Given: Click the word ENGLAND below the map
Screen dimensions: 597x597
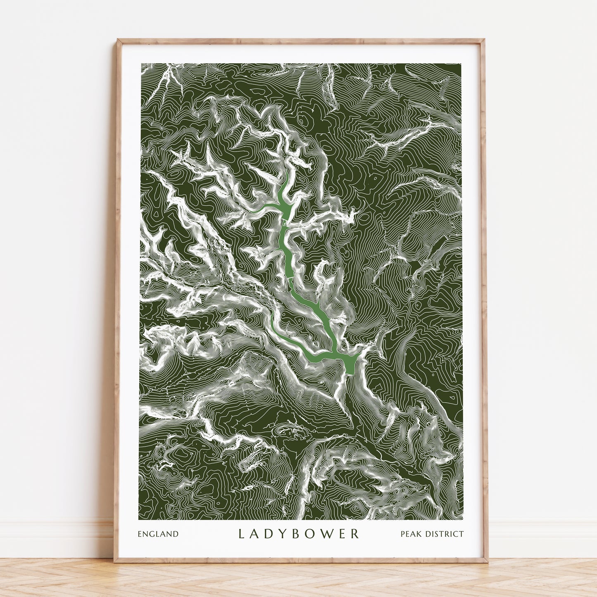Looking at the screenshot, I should point(158,534).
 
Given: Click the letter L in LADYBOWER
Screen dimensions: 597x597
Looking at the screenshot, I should point(242,534).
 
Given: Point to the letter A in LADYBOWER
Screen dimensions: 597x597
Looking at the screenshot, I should point(256,534).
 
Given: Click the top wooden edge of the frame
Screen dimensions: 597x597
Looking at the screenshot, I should point(300,41).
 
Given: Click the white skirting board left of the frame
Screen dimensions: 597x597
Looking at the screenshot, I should point(54,537).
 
